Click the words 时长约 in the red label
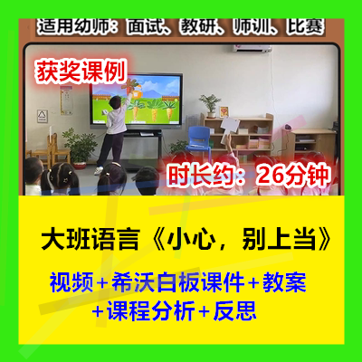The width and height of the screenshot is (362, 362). pos(200,176)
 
